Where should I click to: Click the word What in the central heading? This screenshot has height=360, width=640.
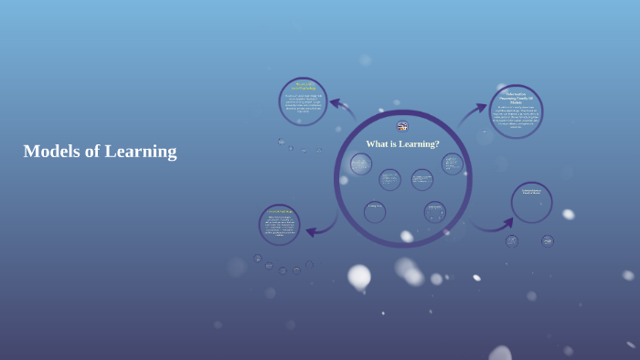[378, 144]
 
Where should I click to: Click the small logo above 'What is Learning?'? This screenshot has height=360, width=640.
[402, 126]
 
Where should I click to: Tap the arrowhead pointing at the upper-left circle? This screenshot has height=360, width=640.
[335, 103]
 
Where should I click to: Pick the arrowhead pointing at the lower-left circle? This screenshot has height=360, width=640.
[311, 232]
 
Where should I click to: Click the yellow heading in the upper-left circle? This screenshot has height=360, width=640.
[303, 87]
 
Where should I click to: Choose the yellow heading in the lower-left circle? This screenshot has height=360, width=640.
[279, 212]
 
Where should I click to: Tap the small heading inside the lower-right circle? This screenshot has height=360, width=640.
[531, 192]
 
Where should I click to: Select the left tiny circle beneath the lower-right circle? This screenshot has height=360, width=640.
[512, 241]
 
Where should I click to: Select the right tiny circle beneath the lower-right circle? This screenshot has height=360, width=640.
[547, 241]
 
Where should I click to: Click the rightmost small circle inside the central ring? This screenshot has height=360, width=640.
[452, 164]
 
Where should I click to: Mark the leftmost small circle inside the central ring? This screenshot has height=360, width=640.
[361, 164]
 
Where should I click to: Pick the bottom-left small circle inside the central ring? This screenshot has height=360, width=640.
[375, 212]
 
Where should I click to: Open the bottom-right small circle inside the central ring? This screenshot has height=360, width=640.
[435, 212]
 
